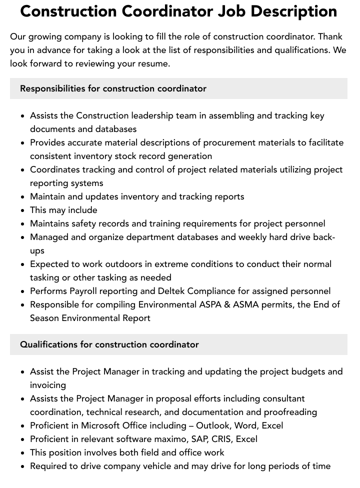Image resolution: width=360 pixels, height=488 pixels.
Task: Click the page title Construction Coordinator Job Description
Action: [x=178, y=11]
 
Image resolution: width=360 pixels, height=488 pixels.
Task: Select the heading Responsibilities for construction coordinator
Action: [x=113, y=88]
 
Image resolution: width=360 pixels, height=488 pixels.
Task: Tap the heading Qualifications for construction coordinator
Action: [x=109, y=344]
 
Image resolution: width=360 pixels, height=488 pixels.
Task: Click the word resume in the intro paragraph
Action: [x=152, y=63]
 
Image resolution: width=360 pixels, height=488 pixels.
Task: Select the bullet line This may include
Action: [x=63, y=210]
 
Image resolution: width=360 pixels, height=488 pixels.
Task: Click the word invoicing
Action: [x=48, y=385]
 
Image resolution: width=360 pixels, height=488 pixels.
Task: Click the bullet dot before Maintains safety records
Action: [x=23, y=224]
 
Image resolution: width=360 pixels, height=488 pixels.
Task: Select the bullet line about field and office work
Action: [x=127, y=452]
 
